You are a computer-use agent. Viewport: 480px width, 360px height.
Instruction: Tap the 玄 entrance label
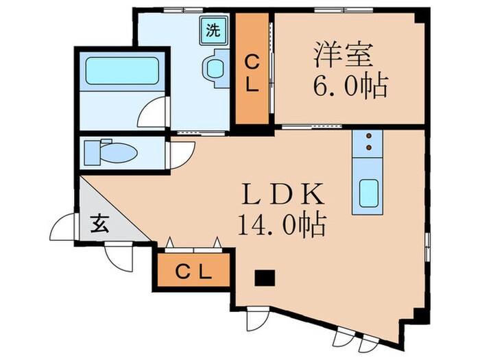pos(99,223)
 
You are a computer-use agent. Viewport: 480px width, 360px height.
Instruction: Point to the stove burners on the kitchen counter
pos(368,141)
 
